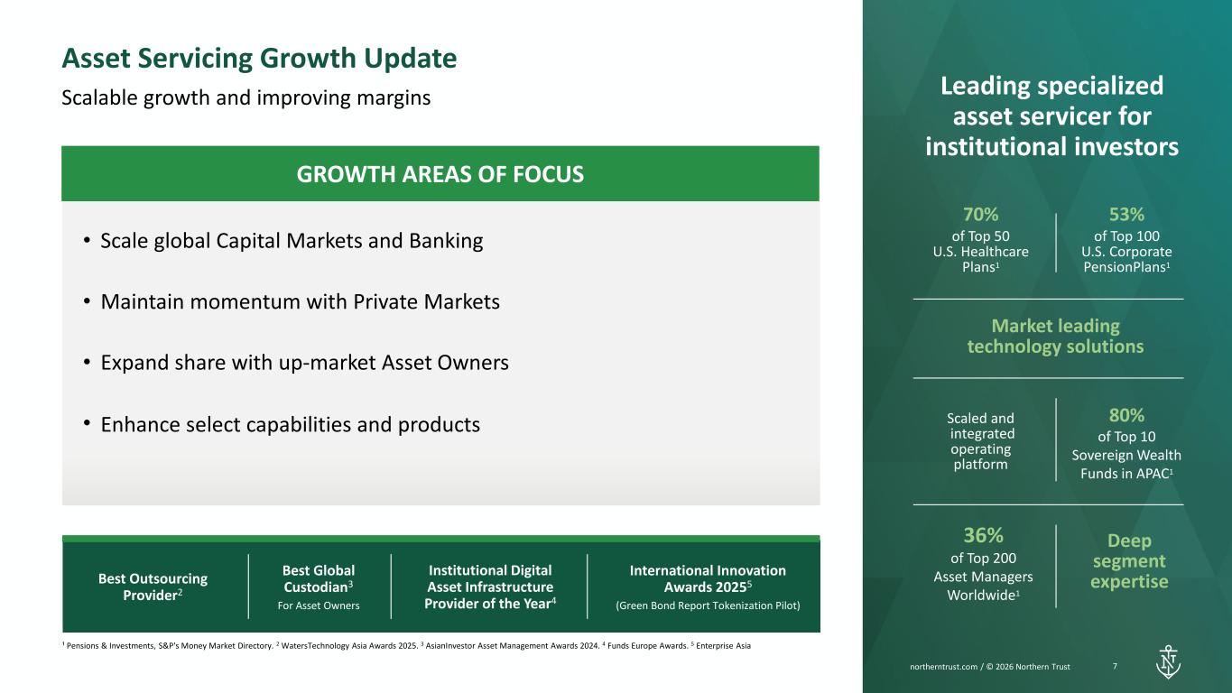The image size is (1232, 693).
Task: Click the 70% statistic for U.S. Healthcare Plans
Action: click(x=981, y=215)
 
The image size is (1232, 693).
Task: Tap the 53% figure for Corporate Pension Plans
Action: click(x=1126, y=215)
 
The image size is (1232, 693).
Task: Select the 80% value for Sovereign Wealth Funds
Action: click(x=1126, y=415)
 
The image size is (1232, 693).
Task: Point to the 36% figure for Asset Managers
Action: click(x=983, y=535)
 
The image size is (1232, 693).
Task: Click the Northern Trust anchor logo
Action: click(x=1168, y=661)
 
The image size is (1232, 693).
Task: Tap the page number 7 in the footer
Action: click(x=1115, y=666)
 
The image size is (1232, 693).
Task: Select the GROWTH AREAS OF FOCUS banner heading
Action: click(x=440, y=174)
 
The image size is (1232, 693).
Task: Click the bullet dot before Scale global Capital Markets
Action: click(x=87, y=240)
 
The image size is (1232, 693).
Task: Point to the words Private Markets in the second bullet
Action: click(x=426, y=301)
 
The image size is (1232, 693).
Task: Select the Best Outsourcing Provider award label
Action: click(x=153, y=587)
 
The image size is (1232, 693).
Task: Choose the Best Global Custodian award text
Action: click(x=319, y=578)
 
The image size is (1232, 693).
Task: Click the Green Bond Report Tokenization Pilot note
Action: click(x=708, y=605)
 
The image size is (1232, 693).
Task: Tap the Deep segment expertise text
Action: click(x=1129, y=561)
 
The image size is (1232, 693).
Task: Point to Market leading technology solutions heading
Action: click(x=1055, y=336)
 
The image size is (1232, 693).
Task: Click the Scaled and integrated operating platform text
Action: click(x=981, y=441)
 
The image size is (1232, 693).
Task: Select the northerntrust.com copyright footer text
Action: click(x=990, y=667)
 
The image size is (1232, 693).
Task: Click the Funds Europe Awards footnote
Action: click(x=647, y=646)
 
